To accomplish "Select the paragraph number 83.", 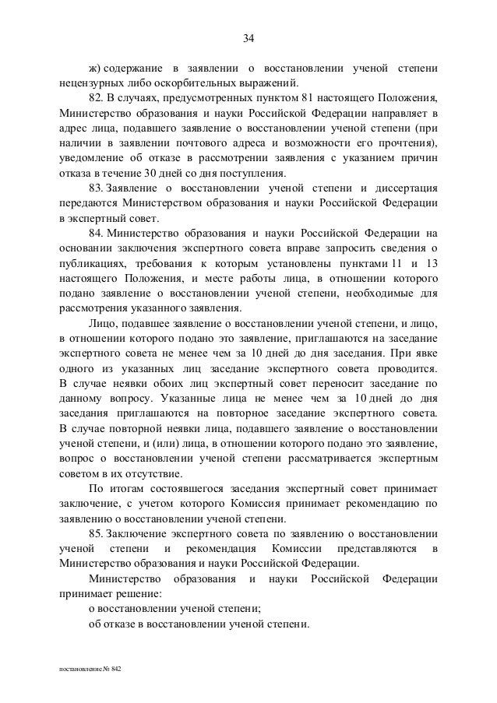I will pos(95,188).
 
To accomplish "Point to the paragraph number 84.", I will pos(95,233).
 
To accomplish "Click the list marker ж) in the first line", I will pos(94,67).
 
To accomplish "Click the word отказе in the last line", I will pos(121,624).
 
